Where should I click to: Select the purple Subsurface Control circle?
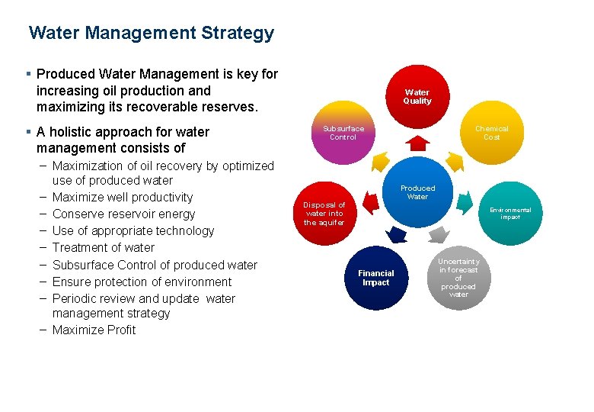click(x=343, y=134)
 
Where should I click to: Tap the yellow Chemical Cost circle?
click(x=491, y=134)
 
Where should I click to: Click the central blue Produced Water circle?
click(x=417, y=193)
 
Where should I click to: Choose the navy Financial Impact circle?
click(x=376, y=278)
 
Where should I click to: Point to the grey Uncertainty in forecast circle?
click(x=458, y=278)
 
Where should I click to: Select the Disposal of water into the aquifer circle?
click(x=324, y=214)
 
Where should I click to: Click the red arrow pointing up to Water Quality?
click(x=417, y=142)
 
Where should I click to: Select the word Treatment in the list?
click(x=81, y=247)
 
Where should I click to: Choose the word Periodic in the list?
click(x=75, y=298)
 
